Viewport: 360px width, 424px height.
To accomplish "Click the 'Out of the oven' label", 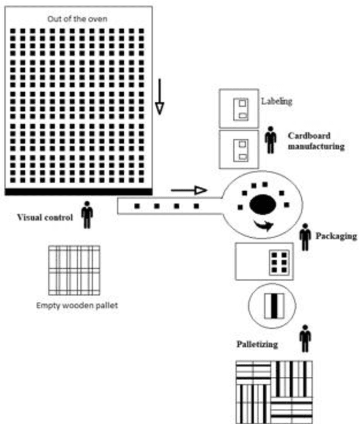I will (78, 19).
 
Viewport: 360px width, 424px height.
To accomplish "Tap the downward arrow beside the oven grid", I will (160, 96).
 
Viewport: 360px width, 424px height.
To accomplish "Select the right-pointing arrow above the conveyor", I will (188, 191).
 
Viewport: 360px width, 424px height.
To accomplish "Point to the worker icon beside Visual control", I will (87, 215).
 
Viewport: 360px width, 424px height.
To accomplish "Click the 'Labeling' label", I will (277, 102).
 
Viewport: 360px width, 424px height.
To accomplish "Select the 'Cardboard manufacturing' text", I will (316, 141).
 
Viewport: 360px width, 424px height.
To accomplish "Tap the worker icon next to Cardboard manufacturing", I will (271, 139).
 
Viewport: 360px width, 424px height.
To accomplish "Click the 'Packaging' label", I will (336, 236).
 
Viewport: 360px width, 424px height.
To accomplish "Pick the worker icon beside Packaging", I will (305, 237).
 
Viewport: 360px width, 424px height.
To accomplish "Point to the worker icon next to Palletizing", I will (305, 339).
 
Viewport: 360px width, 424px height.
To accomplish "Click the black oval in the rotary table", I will (262, 205).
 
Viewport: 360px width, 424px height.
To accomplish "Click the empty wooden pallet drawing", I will (74, 270).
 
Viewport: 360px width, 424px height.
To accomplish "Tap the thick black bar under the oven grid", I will (78, 192).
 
